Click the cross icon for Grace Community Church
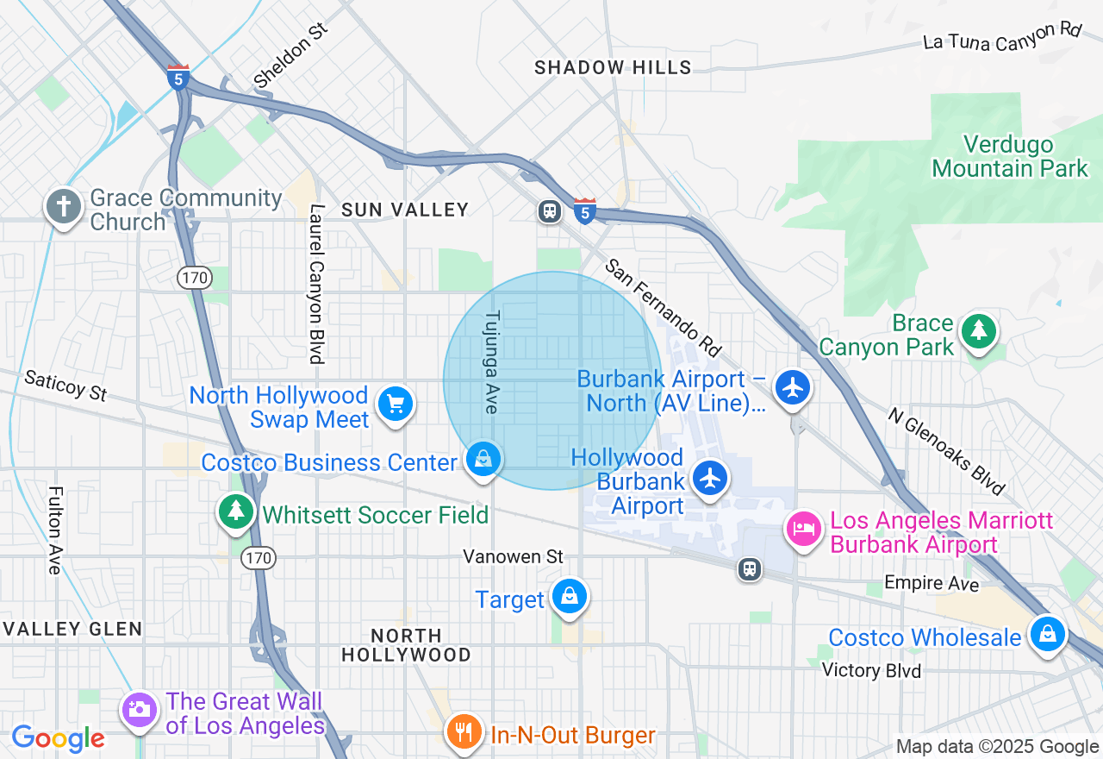coord(65,207)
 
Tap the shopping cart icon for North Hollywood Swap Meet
coord(396,404)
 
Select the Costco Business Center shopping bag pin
coord(483,459)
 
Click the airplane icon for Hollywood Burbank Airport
coord(709,478)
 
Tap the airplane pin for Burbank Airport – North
coord(792,386)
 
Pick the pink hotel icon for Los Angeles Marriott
coord(803,528)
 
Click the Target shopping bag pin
coord(569,595)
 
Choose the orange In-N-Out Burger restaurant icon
coord(464,732)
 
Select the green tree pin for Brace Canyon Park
coord(978,331)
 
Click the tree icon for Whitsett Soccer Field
coord(235,511)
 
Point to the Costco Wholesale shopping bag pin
coord(1047,634)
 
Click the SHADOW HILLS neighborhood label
coord(613,67)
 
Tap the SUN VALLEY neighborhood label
coord(405,210)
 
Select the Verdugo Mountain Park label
coord(1010,156)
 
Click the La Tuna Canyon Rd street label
coord(1001,37)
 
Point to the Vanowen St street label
coord(513,556)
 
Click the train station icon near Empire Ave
coord(750,568)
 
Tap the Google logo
coord(58,738)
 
